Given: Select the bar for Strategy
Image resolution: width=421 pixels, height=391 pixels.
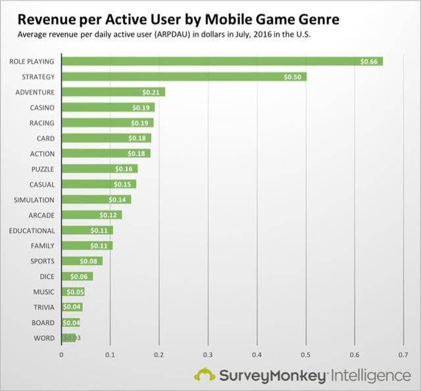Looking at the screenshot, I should tap(184, 77).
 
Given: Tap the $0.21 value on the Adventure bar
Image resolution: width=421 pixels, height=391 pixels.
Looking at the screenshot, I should tap(153, 92).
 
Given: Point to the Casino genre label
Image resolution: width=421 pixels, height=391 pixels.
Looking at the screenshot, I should tap(42, 107).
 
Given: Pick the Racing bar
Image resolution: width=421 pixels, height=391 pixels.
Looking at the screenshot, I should tap(107, 123).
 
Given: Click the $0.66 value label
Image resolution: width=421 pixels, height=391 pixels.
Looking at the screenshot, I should tap(370, 61).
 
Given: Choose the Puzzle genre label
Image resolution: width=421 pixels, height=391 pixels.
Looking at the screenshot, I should tap(41, 169).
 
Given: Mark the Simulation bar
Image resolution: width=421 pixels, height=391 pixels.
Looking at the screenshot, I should tap(96, 199).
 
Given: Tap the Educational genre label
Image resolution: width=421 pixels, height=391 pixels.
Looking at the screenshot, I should tap(32, 230).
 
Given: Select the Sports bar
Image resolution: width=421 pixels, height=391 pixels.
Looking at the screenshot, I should tap(82, 261).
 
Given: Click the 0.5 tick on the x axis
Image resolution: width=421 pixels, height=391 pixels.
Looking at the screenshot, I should tap(306, 355).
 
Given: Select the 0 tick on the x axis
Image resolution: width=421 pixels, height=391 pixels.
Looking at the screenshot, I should tap(61, 355).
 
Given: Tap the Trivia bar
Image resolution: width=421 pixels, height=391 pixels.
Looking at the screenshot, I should tap(72, 307).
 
